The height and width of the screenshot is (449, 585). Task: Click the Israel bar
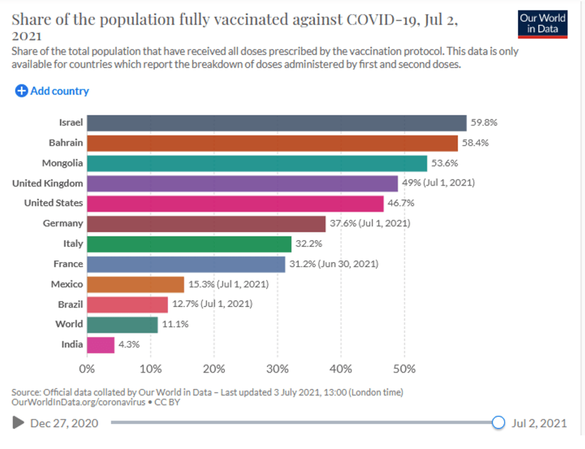point(277,123)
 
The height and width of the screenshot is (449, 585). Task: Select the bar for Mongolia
point(257,163)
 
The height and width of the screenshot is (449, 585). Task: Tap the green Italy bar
point(189,244)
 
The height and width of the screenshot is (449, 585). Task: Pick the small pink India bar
point(101,344)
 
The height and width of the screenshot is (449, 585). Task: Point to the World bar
point(122,324)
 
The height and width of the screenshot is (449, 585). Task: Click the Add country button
point(52,90)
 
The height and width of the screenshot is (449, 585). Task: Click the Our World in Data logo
point(542,23)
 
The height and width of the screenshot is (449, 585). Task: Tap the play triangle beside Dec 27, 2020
point(18,423)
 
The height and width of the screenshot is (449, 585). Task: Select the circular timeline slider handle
point(499,423)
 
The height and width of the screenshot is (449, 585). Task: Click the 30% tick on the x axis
point(277,369)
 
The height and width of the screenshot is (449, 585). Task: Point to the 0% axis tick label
point(87,369)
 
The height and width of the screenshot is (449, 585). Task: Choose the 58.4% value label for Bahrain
point(476,143)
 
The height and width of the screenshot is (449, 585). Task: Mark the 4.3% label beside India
point(129,344)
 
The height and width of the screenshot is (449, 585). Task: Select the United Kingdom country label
point(47,183)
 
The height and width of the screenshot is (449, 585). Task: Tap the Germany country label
point(63,223)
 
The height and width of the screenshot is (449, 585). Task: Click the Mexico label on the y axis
point(67,284)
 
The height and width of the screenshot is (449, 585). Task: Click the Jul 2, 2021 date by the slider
point(539,423)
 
